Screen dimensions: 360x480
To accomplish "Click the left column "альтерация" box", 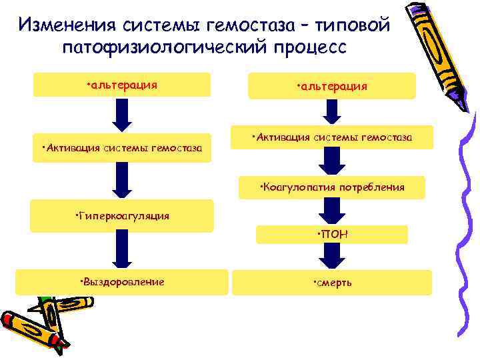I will click(122, 85).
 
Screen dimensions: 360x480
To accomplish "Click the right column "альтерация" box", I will click(332, 86).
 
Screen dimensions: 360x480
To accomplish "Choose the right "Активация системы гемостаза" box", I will click(332, 137).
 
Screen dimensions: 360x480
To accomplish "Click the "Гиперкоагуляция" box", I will click(122, 215).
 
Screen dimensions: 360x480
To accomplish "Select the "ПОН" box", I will click(332, 234).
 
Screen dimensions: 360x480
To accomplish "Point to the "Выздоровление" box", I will click(122, 281).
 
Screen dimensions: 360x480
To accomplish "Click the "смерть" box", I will click(332, 282).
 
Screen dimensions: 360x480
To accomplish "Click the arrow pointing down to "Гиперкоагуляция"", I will click(122, 181).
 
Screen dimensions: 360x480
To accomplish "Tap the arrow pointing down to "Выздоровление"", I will click(122, 250).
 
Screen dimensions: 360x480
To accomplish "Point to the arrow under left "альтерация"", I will click(122, 115).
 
